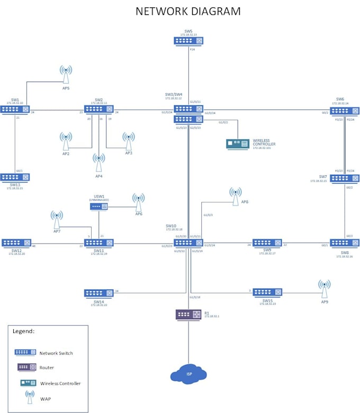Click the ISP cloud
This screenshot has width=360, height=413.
click(188, 374)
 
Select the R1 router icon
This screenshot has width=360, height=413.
click(188, 315)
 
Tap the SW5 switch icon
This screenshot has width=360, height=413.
click(188, 40)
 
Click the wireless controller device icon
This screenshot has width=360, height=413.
click(238, 143)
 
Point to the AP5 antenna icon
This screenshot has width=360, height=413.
click(66, 75)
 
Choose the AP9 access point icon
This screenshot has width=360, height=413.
click(325, 289)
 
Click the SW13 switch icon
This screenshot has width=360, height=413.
click(15, 177)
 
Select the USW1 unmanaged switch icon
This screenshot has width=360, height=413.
click(99, 206)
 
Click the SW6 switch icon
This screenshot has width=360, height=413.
click(345, 111)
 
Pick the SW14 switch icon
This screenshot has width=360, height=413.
click(99, 293)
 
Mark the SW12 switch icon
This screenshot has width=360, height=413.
click(16, 243)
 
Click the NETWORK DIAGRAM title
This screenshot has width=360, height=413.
click(188, 11)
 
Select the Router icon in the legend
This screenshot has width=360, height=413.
click(25, 367)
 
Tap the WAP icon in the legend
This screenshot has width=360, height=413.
click(30, 397)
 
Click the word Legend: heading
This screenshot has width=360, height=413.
click(24, 331)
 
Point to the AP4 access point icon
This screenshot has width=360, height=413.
click(98, 162)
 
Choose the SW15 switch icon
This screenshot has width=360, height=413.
click(267, 292)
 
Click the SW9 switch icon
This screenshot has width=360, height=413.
click(267, 243)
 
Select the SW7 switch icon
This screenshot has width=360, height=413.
click(345, 178)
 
